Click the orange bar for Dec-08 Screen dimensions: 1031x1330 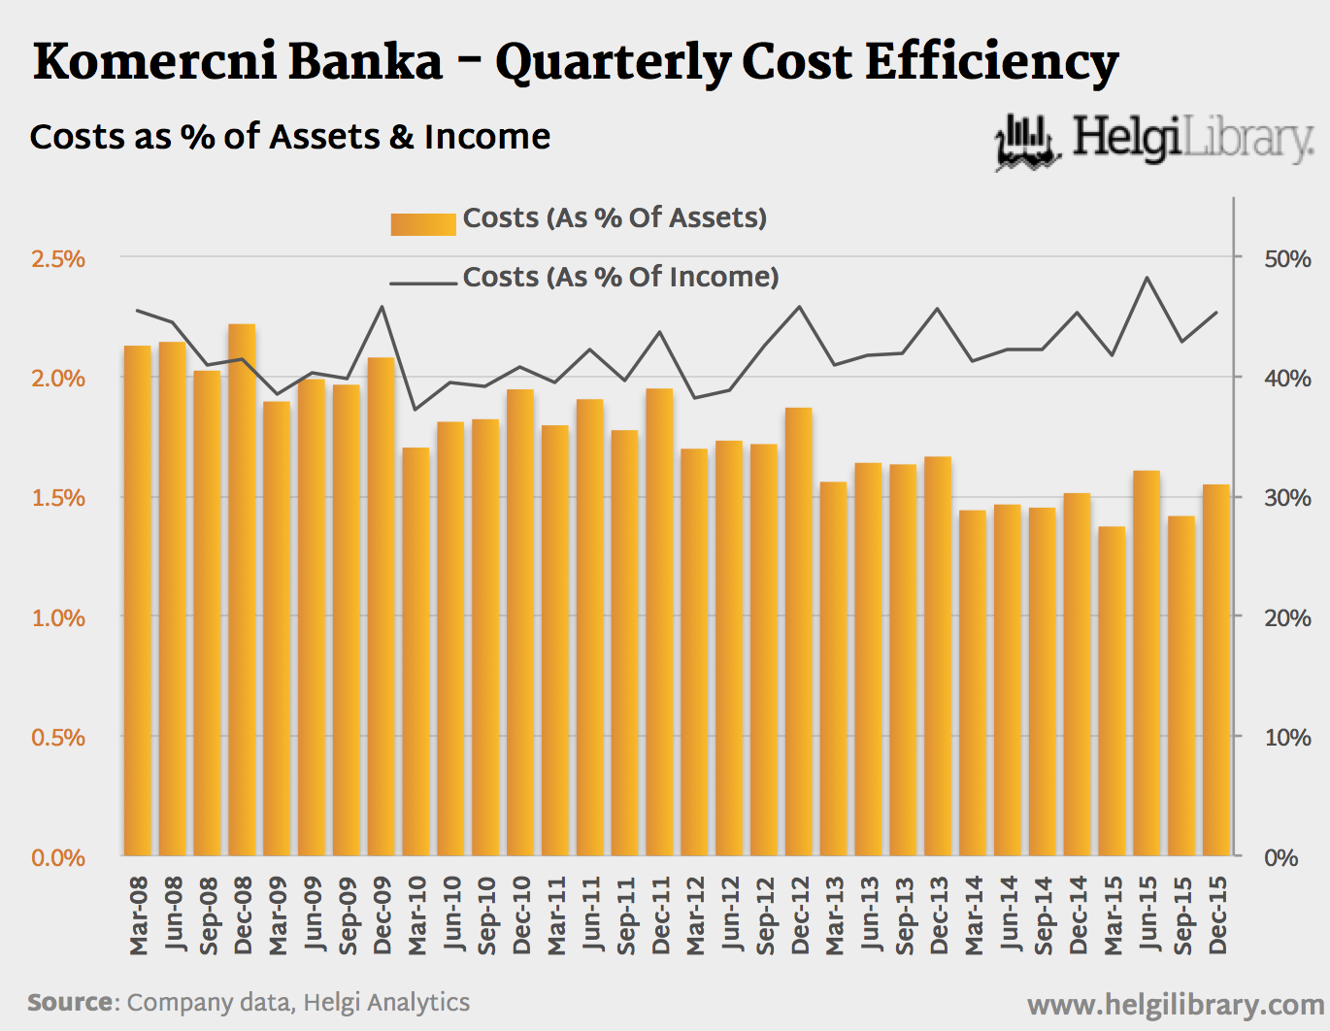(x=242, y=590)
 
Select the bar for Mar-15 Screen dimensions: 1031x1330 (x=1112, y=691)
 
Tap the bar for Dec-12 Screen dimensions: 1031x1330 (x=799, y=632)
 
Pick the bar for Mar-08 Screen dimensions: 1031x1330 (x=138, y=601)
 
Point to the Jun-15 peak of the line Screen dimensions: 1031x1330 (x=1147, y=278)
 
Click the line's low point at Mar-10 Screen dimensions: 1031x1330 (x=416, y=409)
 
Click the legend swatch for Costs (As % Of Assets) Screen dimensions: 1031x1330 (x=422, y=224)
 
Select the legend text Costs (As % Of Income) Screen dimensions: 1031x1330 (x=620, y=278)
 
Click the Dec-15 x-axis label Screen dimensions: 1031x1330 (x=1217, y=915)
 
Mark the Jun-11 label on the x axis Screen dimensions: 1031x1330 (x=590, y=915)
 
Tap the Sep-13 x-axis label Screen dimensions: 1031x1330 (x=904, y=915)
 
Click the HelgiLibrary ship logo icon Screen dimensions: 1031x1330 (x=1026, y=143)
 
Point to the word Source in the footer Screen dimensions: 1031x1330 (x=71, y=1003)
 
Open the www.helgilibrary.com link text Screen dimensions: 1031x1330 (x=1176, y=1005)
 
